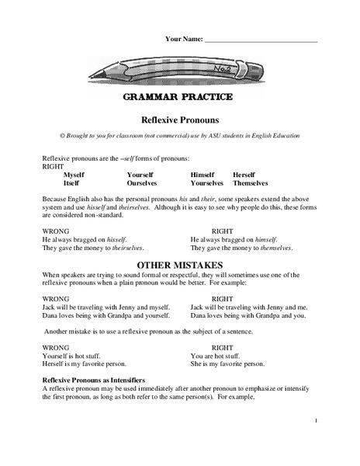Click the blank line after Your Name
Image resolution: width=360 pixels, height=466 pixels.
[261, 39]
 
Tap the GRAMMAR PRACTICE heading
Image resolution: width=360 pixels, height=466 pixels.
[179, 99]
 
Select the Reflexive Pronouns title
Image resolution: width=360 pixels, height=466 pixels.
[179, 120]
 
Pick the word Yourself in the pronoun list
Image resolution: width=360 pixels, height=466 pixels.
[140, 175]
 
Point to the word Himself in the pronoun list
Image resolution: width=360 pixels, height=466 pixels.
[202, 175]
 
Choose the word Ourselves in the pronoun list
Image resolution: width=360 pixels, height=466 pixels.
[143, 183]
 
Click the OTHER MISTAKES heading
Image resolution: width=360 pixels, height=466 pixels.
[179, 265]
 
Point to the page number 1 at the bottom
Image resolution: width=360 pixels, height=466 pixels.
[317, 420]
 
